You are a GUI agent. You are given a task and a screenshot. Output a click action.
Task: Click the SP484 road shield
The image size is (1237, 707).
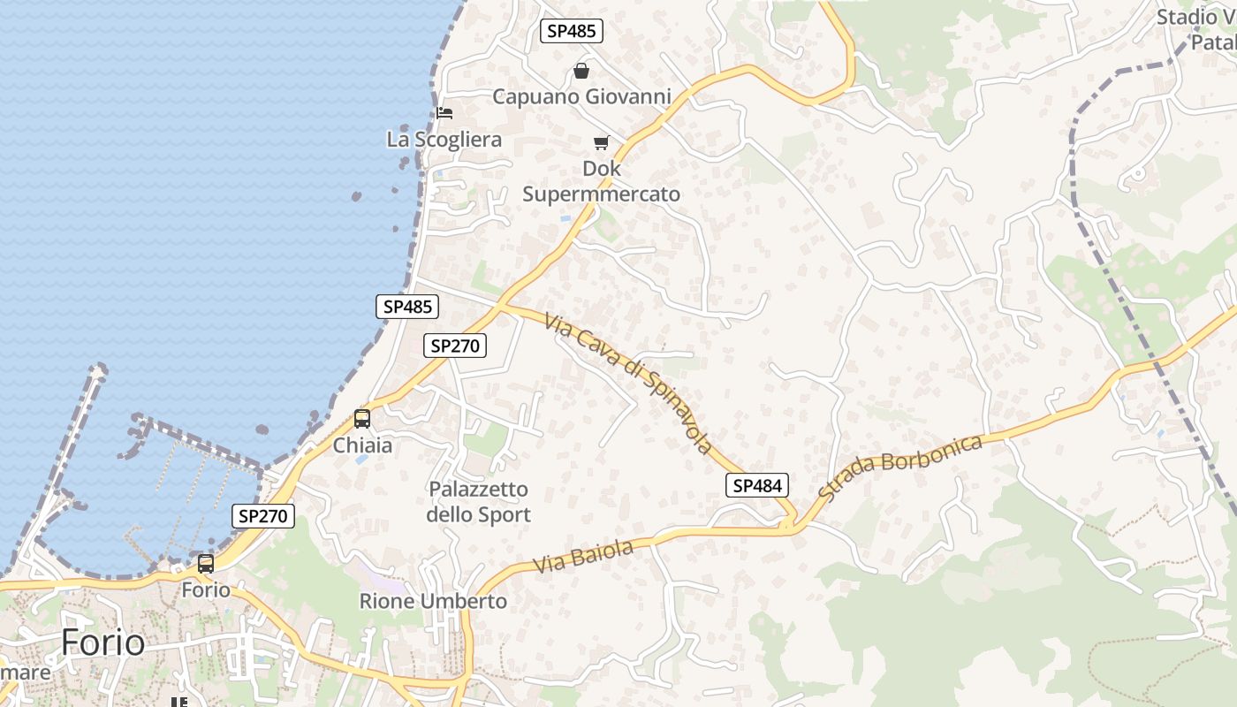[757, 485]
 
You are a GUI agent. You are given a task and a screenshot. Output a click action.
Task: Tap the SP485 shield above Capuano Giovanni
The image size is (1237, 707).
[571, 31]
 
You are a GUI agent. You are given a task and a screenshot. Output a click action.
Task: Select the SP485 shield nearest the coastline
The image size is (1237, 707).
[407, 307]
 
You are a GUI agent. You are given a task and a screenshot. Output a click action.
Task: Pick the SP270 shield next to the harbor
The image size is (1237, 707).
[263, 516]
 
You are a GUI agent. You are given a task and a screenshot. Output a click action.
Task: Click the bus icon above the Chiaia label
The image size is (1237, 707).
[362, 419]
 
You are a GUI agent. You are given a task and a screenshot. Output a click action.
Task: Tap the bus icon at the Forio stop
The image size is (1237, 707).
[206, 564]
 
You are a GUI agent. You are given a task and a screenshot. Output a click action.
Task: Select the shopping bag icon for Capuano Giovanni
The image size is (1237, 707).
[581, 70]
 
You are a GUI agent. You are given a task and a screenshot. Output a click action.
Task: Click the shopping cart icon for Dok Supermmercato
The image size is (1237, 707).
[602, 142]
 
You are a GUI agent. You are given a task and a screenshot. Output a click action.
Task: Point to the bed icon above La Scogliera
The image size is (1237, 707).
[444, 112]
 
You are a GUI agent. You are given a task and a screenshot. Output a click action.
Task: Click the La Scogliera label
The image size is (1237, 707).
[444, 140]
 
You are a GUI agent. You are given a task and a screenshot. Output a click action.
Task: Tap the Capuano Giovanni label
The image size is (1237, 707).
[581, 96]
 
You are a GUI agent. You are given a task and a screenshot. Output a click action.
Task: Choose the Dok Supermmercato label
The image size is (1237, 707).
[602, 181]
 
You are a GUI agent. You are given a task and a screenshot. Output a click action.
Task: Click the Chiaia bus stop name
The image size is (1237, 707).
[362, 445]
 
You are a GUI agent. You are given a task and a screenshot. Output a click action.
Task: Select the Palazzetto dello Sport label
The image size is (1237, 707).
[478, 501]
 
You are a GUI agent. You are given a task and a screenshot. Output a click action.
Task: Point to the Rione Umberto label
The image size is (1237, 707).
[433, 602]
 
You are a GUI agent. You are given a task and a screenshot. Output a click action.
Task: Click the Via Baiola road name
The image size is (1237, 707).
[584, 557]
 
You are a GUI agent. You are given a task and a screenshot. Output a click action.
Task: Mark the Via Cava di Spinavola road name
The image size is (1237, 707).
[628, 383]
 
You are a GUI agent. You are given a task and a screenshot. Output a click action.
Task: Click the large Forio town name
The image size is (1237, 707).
[102, 642]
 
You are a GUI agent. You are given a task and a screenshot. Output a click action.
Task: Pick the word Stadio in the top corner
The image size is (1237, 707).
[1188, 16]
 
